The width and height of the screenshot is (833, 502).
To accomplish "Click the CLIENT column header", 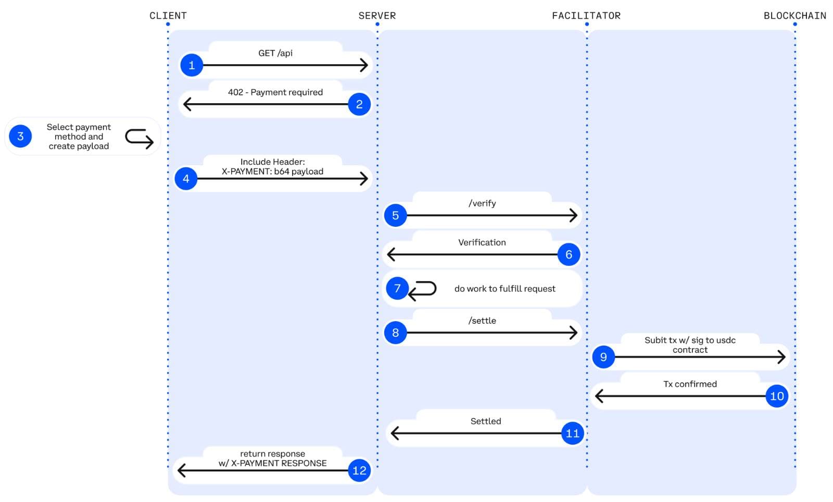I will point(168,16).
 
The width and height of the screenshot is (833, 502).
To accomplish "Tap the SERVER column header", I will point(377,16).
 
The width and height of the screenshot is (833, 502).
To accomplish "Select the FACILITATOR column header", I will point(586,16).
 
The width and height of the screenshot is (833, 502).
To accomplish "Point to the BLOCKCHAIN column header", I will point(794,16).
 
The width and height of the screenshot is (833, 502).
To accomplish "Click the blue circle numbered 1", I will point(192,65).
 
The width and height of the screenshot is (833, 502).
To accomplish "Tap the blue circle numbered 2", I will point(359,104).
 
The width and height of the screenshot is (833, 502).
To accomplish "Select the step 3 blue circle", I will point(20,136).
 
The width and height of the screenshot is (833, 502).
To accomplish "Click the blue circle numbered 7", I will point(397,288).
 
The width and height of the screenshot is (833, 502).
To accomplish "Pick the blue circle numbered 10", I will point(777,396).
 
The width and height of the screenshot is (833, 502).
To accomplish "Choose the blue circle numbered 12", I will point(359,470).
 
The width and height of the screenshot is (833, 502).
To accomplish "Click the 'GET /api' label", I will point(275,53).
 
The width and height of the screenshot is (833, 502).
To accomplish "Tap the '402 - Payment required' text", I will point(275,92).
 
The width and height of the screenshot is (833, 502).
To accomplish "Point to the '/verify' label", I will point(482,203).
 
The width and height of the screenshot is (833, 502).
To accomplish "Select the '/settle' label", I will point(482,321).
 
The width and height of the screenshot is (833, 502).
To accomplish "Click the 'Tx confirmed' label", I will point(690,384).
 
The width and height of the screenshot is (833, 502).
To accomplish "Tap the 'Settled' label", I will point(486,421).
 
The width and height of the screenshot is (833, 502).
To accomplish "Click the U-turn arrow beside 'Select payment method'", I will point(139,139).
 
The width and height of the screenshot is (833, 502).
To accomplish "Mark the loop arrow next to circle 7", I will point(422,290).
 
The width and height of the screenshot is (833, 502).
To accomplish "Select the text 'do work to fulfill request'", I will point(504,289).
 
